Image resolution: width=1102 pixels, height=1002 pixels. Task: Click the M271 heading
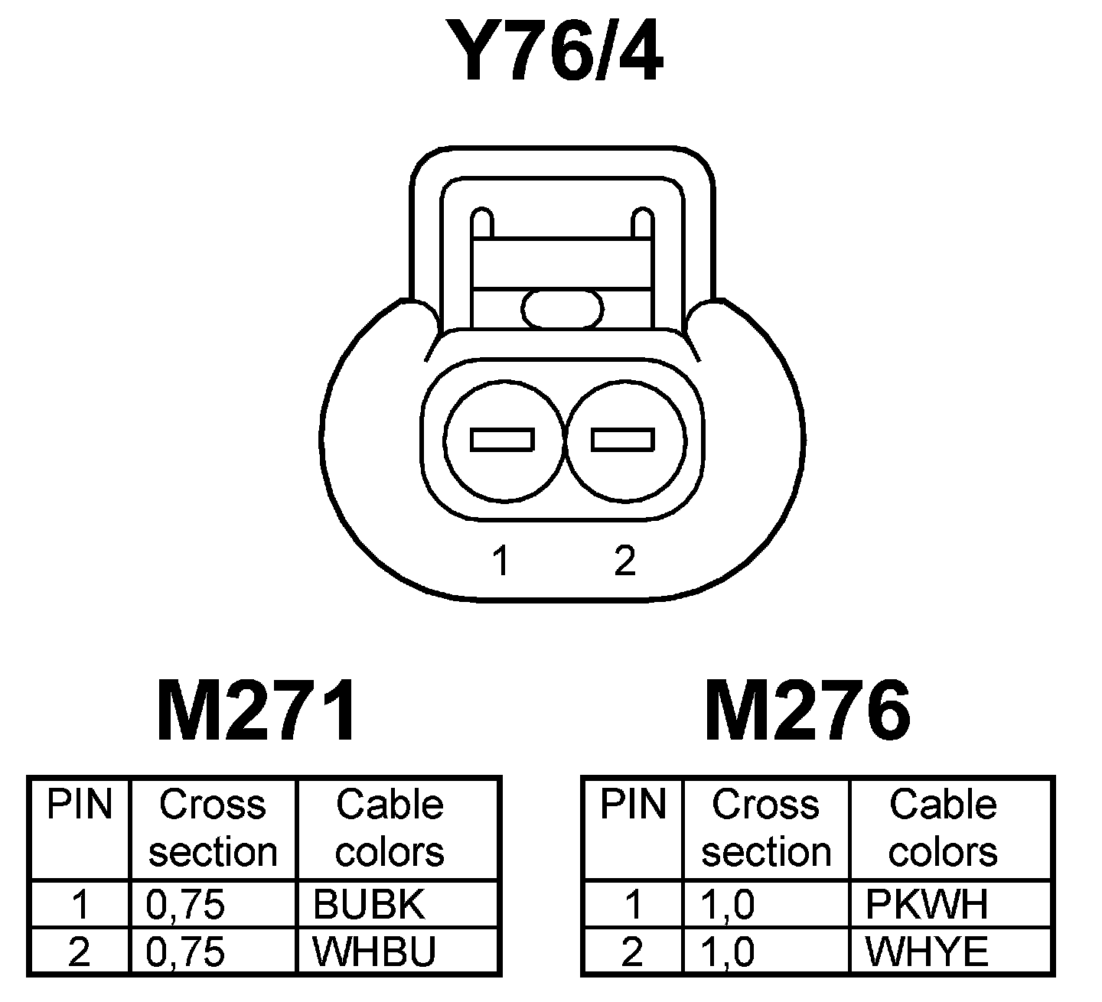pyautogui.click(x=256, y=712)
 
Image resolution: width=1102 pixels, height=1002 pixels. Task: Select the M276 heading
pyautogui.click(x=807, y=712)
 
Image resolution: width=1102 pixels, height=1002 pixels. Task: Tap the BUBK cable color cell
pyautogui.click(x=368, y=905)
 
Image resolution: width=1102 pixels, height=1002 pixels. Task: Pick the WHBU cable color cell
pyautogui.click(x=374, y=952)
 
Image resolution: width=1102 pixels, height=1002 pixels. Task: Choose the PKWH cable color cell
pyautogui.click(x=927, y=905)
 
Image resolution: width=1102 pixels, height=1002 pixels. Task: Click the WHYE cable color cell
pyautogui.click(x=927, y=952)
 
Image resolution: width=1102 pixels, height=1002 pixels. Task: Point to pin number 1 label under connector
pyautogui.click(x=501, y=561)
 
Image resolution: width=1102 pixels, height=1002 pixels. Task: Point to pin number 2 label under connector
pyautogui.click(x=624, y=561)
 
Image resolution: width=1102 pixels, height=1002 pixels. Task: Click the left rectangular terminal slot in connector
pyautogui.click(x=502, y=440)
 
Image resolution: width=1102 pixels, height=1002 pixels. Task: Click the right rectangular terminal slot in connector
pyautogui.click(x=623, y=440)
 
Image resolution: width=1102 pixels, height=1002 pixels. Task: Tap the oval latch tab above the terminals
pyautogui.click(x=562, y=309)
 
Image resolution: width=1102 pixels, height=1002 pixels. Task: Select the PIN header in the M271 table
pyautogui.click(x=79, y=805)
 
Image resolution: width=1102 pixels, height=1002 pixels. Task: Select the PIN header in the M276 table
pyautogui.click(x=632, y=805)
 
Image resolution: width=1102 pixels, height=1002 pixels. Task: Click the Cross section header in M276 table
pyautogui.click(x=766, y=828)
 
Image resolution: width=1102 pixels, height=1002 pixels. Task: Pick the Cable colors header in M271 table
pyautogui.click(x=390, y=828)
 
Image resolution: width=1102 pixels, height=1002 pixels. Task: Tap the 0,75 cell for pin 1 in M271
pyautogui.click(x=186, y=905)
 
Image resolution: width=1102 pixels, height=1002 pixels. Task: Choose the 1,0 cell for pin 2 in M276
pyautogui.click(x=727, y=952)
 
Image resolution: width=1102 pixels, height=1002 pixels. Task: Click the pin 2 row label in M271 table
pyautogui.click(x=79, y=952)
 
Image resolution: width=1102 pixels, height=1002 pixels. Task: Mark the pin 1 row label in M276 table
pyautogui.click(x=632, y=905)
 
